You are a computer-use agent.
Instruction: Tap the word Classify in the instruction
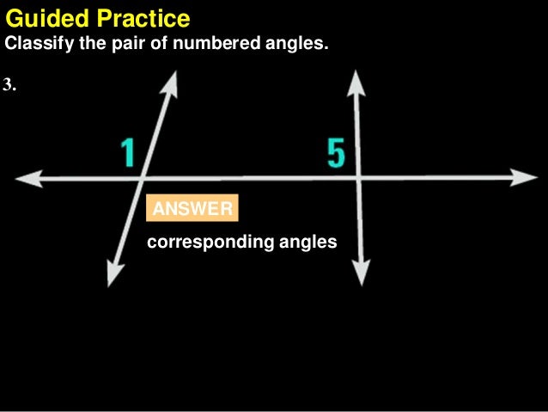[35, 43]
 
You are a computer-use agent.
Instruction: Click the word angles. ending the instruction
[299, 43]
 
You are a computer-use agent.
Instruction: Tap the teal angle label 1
[128, 153]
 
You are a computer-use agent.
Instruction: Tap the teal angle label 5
[336, 153]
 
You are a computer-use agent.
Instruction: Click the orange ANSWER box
[192, 209]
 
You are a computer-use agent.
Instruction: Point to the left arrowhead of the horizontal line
[26, 179]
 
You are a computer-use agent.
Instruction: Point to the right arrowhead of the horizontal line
[526, 178]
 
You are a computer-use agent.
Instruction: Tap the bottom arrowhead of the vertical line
[361, 274]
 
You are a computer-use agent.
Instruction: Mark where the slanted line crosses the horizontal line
[143, 179]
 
